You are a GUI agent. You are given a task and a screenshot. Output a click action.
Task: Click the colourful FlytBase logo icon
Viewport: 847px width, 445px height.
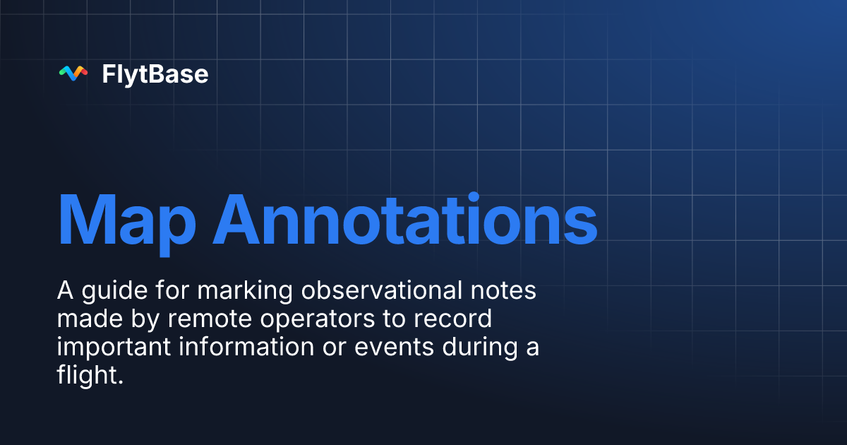point(73,73)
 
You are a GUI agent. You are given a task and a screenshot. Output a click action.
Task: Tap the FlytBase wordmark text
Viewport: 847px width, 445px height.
point(155,73)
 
